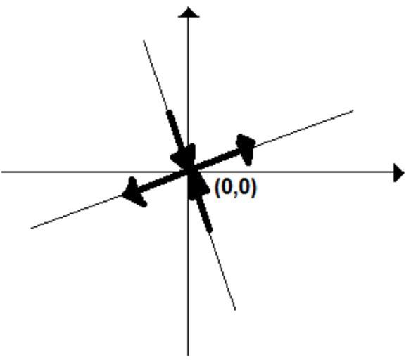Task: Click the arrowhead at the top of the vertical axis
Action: click(189, 13)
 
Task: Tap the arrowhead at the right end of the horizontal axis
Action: click(399, 172)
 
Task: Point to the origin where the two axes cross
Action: click(188, 172)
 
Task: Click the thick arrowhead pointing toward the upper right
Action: click(246, 150)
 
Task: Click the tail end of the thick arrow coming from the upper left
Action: click(170, 112)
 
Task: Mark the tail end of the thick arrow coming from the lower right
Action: click(209, 230)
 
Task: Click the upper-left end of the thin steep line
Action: click(144, 41)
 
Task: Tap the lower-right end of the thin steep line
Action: click(235, 310)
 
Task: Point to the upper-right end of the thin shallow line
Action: click(353, 110)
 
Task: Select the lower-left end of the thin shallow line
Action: click(32, 229)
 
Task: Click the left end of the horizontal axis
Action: click(1, 172)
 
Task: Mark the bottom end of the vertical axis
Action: click(188, 355)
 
